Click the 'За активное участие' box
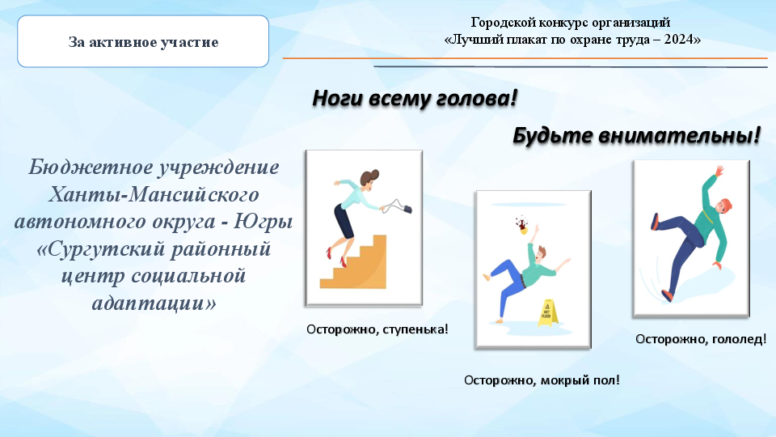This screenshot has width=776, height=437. pyautogui.click(x=143, y=41)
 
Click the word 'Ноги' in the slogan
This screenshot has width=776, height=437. pyautogui.click(x=337, y=98)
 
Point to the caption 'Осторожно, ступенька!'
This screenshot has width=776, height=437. pyautogui.click(x=377, y=329)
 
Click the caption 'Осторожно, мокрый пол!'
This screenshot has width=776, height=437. pyautogui.click(x=542, y=380)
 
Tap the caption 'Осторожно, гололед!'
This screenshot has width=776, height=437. pyautogui.click(x=701, y=339)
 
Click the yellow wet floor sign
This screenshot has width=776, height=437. pyautogui.click(x=547, y=312)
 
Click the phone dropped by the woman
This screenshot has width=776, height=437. pyautogui.click(x=407, y=209)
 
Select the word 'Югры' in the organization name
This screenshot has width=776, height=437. pyautogui.click(x=263, y=222)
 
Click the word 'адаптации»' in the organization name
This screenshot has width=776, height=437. pyautogui.click(x=154, y=303)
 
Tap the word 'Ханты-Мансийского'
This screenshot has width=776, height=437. pyautogui.click(x=154, y=194)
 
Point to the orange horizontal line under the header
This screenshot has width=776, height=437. pyautogui.click(x=525, y=58)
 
